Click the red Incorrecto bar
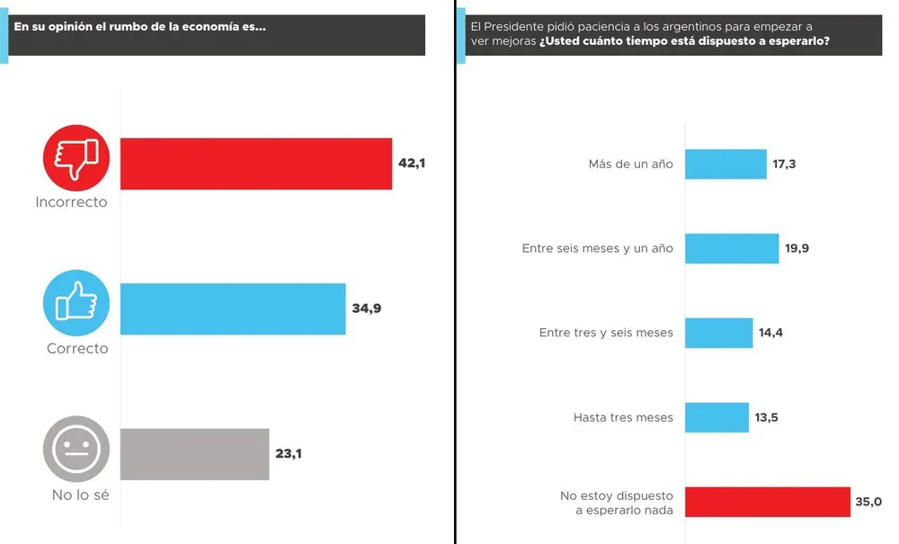256,164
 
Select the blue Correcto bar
233,309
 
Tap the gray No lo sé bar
194,454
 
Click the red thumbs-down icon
76,158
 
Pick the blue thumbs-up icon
76,303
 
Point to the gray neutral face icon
76,449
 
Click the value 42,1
413,163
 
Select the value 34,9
366,308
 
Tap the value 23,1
289,453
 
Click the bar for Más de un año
725,165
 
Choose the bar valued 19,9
732,248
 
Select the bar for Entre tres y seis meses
718,333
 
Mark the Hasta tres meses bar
717,417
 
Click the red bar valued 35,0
768,502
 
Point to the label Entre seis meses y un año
597,249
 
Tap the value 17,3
784,165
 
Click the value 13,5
766,417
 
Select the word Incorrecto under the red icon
71,202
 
